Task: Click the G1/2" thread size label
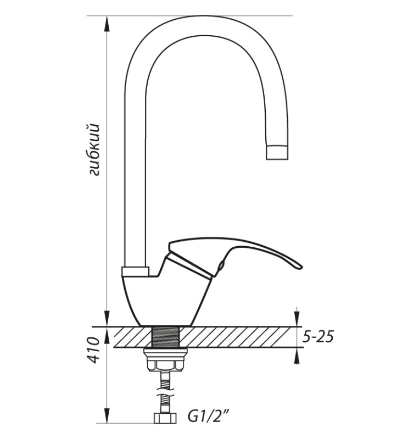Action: (208, 417)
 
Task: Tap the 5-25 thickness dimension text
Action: (318, 337)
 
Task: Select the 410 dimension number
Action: (93, 350)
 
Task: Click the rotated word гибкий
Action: (94, 149)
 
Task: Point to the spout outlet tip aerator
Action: (277, 152)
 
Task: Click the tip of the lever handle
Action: (301, 267)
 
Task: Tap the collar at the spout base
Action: (135, 271)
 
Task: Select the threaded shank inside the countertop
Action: (165, 337)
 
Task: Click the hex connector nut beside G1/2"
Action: (165, 418)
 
